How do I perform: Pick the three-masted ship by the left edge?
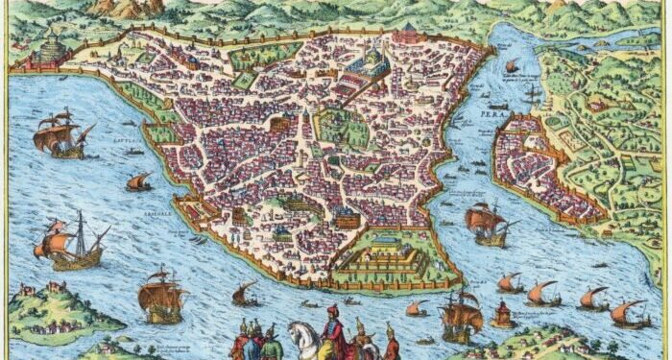72,243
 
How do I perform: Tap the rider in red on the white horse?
331,325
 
